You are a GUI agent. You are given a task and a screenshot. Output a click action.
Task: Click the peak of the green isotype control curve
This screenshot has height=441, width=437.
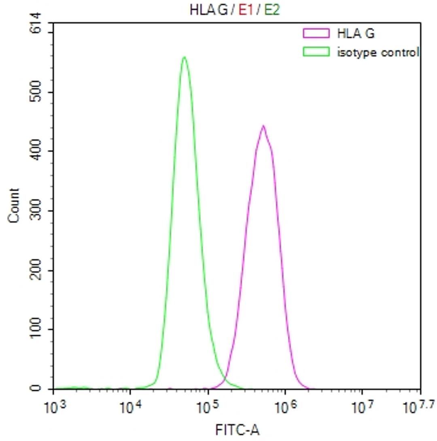point(185,58)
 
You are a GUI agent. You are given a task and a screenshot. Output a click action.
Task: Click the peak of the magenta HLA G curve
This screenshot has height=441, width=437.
point(263,126)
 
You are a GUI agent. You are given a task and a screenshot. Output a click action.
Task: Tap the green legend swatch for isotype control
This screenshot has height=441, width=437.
point(316,52)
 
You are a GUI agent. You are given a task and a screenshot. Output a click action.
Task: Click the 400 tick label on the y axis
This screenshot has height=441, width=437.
point(37,151)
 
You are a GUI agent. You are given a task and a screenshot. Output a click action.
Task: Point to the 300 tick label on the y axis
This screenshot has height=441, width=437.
point(37,211)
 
